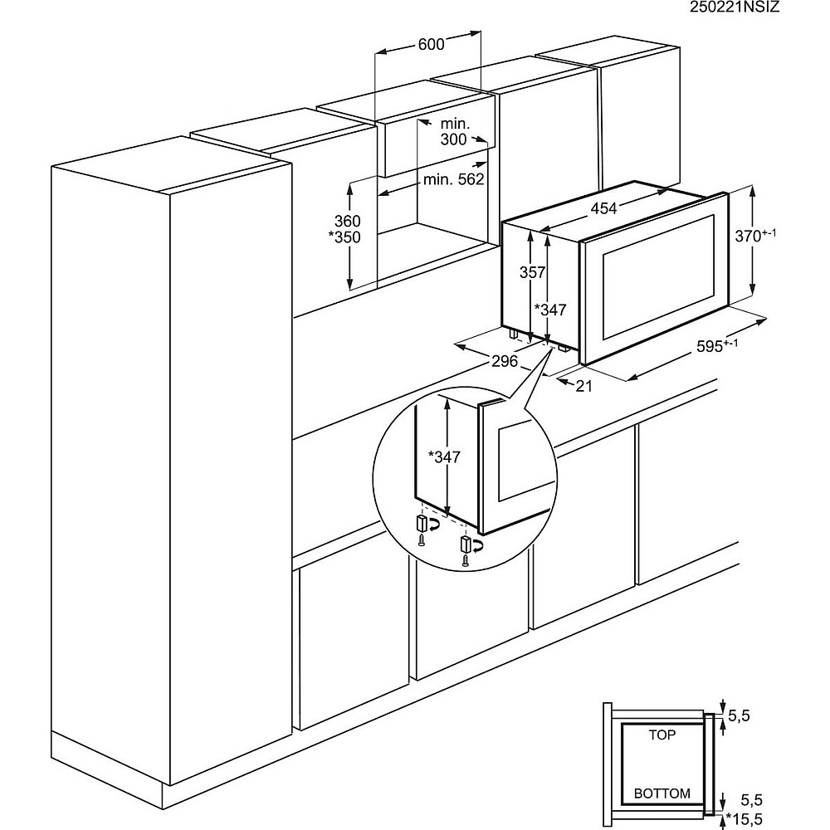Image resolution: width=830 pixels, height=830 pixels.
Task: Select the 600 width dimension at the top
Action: point(431,45)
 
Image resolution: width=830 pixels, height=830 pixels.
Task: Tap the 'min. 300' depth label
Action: point(454,131)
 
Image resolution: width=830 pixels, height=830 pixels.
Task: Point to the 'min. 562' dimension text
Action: point(453,179)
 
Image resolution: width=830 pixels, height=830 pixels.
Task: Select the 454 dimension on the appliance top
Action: point(603,208)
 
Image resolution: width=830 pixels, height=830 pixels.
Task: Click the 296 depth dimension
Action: point(504,360)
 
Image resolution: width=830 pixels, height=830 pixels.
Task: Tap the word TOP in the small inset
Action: point(662,735)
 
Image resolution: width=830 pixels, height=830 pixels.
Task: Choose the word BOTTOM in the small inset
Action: point(662,793)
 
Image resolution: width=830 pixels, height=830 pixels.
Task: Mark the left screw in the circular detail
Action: point(422,540)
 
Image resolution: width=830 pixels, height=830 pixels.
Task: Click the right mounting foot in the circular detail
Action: point(466,544)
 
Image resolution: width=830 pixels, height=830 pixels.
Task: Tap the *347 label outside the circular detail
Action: point(549,310)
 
